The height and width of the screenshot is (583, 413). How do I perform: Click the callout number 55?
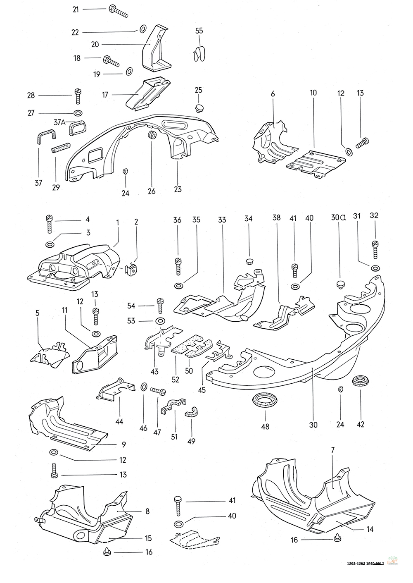[199, 31]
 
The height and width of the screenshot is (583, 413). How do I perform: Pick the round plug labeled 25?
[199, 108]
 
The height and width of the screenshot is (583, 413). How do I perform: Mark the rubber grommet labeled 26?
[152, 135]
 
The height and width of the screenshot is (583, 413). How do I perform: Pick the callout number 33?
[222, 220]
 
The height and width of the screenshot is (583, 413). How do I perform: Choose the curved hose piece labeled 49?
[192, 412]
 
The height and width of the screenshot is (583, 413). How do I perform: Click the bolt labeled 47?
[158, 389]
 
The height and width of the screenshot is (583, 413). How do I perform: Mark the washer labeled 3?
[49, 244]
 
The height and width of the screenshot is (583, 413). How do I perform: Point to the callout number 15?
[148, 538]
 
